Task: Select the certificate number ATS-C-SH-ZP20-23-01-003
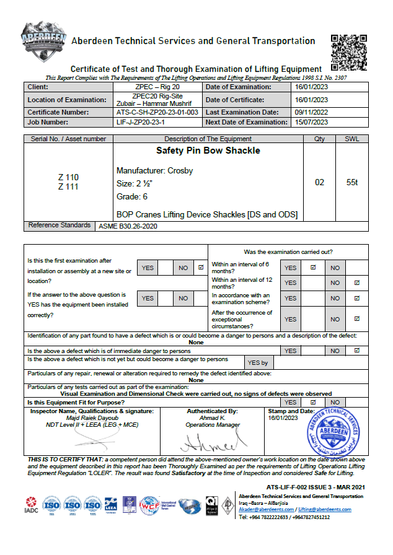tap(157, 113)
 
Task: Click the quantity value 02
tap(320, 183)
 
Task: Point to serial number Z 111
tap(68, 187)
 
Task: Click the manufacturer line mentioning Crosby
tap(154, 170)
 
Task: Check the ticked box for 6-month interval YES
tap(313, 268)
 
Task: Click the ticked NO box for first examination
tap(200, 268)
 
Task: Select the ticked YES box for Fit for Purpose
tap(313, 402)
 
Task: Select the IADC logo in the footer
tap(31, 507)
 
